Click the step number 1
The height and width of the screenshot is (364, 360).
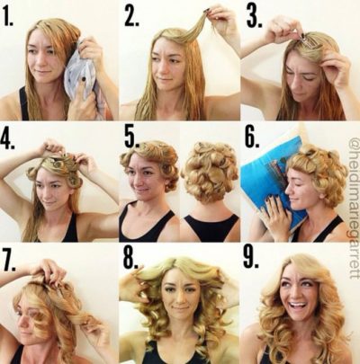pos(8,15)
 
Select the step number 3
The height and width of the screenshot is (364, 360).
pos(254,15)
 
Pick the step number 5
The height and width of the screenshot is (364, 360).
pos(131,138)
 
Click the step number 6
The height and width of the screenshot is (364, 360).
pos(252,138)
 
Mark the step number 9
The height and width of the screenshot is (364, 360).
pos(251,259)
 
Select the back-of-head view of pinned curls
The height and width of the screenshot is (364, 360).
pos(209,171)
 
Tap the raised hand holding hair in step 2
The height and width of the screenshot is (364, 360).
pos(223,21)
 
